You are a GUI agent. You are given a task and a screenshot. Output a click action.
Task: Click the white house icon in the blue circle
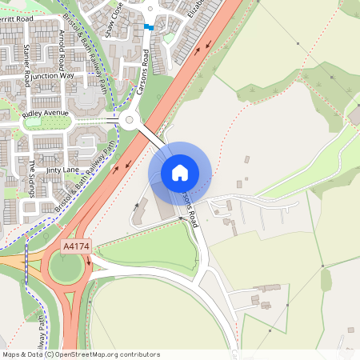pos(180,172)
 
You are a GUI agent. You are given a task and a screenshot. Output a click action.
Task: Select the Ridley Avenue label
pos(46,114)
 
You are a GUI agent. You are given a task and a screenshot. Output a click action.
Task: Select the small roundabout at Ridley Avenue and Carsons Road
pos(129,122)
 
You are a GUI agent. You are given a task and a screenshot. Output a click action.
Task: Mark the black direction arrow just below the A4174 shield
pos(90,260)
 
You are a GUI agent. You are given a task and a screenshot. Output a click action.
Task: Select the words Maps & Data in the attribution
pos(21,354)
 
